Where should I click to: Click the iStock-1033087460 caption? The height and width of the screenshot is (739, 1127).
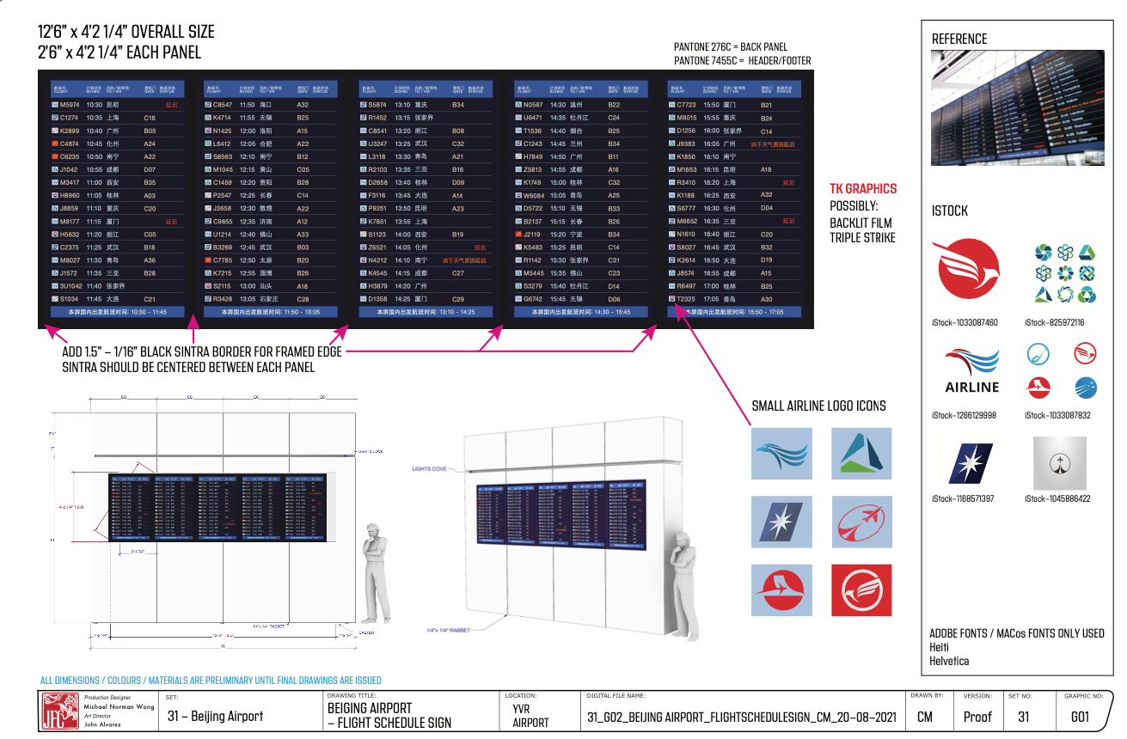point(965,322)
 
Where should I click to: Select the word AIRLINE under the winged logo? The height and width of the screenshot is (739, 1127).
point(971,387)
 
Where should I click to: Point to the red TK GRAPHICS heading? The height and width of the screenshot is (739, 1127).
point(862,188)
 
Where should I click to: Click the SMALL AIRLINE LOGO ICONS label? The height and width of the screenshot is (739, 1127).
point(818,406)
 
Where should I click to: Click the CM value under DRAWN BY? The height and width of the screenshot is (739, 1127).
point(925,717)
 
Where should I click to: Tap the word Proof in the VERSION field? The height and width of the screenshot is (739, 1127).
point(977,717)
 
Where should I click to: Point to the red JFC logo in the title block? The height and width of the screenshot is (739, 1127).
point(60,711)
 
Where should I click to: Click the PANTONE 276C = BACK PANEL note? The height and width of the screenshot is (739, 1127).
point(730,47)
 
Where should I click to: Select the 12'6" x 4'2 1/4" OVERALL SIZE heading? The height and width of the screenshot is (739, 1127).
point(126,33)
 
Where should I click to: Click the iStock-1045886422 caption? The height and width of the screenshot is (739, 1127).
point(1057,498)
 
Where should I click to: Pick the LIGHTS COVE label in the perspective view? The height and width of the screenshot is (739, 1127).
point(430,469)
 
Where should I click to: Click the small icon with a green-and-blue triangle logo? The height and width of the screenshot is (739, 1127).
point(861,453)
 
